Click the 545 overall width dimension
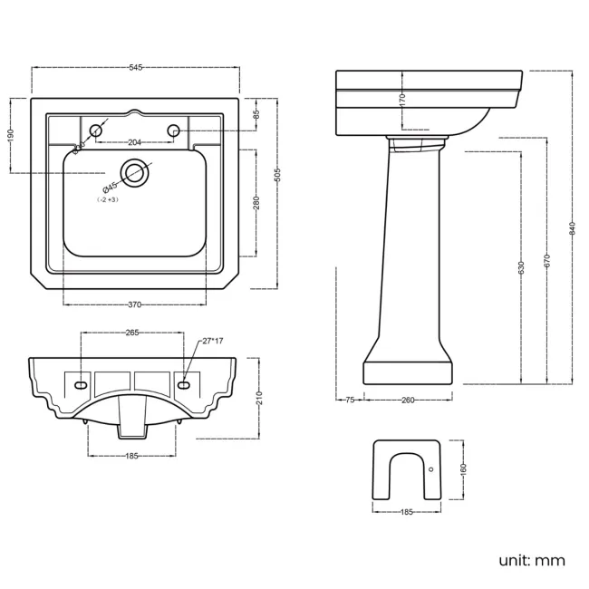[135, 68]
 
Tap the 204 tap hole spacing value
[134, 142]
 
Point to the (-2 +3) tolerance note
[109, 198]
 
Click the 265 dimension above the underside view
[132, 333]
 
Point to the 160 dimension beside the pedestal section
[463, 470]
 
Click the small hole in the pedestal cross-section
[430, 469]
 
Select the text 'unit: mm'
[532, 560]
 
